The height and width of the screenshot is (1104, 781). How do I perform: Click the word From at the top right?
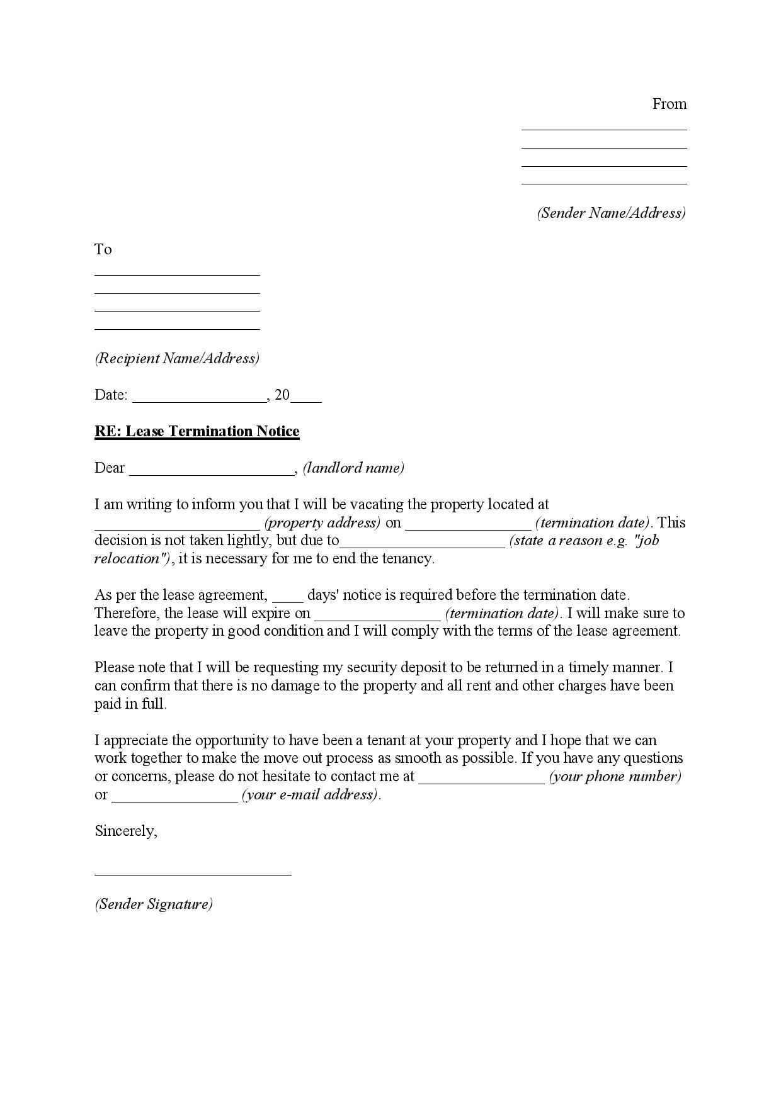pos(669,104)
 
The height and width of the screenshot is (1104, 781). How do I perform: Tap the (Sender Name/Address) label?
pos(611,213)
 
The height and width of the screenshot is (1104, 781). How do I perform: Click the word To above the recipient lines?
pos(103,249)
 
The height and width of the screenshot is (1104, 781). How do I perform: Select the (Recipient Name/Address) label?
pos(177,358)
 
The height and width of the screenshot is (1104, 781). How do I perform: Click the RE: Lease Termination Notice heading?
pos(197,431)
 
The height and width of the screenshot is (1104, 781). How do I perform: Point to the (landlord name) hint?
pos(353,468)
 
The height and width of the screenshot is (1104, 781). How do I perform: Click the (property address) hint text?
pos(322,522)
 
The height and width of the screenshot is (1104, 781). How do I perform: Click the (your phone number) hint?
pos(615,776)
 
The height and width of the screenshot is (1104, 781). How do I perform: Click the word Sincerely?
pos(126,831)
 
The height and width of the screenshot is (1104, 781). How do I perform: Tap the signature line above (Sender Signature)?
pos(193,874)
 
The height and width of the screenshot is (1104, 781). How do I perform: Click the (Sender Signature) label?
pos(154,904)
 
